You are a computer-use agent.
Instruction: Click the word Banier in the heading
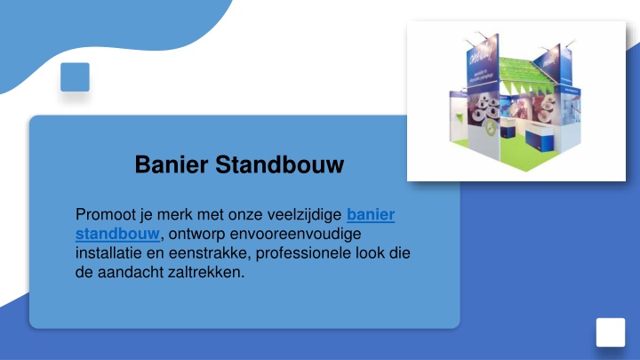click(x=172, y=164)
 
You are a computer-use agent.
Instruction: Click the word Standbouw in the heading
click(x=280, y=164)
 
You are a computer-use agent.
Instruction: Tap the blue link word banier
click(x=371, y=214)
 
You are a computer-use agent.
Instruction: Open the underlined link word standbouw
click(x=117, y=234)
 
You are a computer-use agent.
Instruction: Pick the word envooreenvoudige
click(x=295, y=234)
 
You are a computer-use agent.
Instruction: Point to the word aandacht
click(x=130, y=272)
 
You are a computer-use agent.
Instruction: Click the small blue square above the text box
click(x=75, y=77)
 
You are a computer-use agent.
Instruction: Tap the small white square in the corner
click(x=611, y=332)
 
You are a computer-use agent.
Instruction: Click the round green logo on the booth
click(x=491, y=129)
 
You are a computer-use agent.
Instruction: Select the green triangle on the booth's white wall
click(x=460, y=118)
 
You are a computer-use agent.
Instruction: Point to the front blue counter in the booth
click(x=540, y=139)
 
